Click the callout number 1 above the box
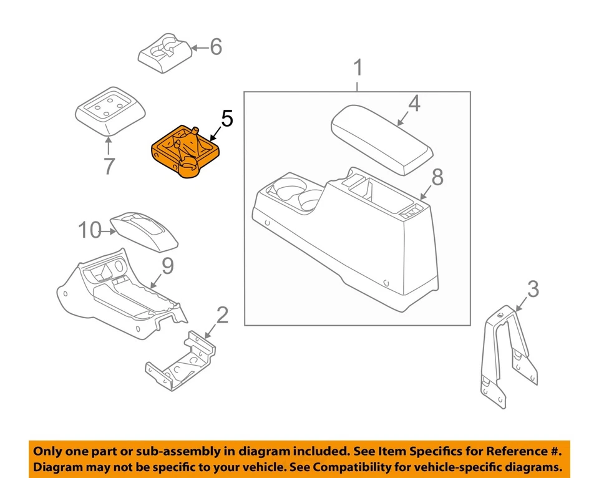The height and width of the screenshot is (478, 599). (358, 68)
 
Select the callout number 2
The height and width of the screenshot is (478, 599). (223, 316)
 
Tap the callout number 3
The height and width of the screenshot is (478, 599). (532, 290)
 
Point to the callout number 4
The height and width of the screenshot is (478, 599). (414, 104)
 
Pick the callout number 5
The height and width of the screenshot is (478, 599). (226, 118)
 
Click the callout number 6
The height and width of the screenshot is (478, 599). (215, 47)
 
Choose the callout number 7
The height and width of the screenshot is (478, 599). (109, 166)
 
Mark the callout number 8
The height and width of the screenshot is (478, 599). (437, 177)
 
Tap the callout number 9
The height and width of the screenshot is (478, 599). (168, 266)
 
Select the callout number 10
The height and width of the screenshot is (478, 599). (90, 230)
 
